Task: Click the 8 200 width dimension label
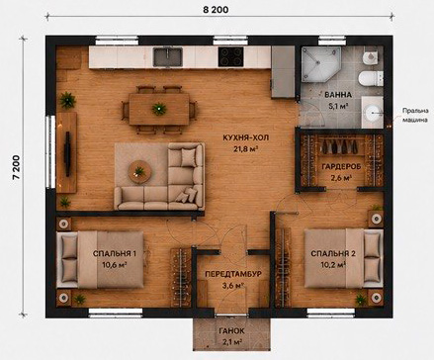click(x=216, y=10)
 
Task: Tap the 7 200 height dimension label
click(x=17, y=167)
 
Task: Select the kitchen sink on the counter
click(x=168, y=56)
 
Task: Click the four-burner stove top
click(x=231, y=56)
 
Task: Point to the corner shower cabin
click(x=320, y=63)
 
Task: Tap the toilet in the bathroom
click(x=371, y=78)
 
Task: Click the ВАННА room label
click(x=338, y=95)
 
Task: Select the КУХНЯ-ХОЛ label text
click(x=246, y=137)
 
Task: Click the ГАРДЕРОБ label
click(x=341, y=166)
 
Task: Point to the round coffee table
click(x=139, y=171)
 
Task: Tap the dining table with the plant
click(x=159, y=109)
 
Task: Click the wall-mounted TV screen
click(x=68, y=154)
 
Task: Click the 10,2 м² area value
click(x=333, y=264)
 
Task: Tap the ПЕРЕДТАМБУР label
click(x=233, y=274)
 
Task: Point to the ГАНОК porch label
click(x=231, y=331)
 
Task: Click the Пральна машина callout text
click(x=415, y=116)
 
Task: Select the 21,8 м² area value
click(x=246, y=149)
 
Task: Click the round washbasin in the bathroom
click(x=373, y=113)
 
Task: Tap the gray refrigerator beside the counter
click(x=283, y=72)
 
